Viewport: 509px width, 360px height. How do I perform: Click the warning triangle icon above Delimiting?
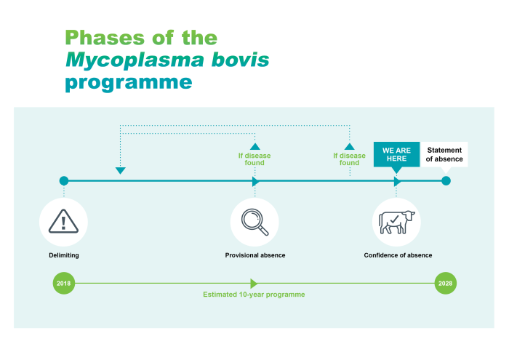point(64,221)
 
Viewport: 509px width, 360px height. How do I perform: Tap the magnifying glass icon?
point(254,221)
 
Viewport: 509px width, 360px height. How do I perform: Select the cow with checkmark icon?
point(396,221)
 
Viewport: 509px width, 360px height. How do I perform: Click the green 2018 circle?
point(64,284)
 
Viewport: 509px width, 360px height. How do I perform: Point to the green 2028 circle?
point(446,284)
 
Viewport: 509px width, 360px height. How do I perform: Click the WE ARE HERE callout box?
point(396,154)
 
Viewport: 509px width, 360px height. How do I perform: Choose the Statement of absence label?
point(444,154)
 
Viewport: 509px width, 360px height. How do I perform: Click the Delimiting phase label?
point(64,255)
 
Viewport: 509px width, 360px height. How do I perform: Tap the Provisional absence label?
point(254,255)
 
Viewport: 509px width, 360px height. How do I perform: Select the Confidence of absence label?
point(398,255)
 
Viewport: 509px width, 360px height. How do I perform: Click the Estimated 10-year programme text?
point(253,295)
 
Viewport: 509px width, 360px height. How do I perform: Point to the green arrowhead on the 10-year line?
point(254,284)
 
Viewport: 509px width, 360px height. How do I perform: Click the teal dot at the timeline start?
point(64,180)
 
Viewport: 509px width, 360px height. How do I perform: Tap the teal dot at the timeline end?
point(446,180)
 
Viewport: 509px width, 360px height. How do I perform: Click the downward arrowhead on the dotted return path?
point(121,171)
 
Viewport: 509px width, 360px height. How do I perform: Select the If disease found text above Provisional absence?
point(254,159)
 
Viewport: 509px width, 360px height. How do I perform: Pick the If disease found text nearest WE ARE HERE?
point(349,159)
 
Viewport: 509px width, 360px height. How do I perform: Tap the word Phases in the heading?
point(102,37)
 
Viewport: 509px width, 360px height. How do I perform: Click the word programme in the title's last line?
point(128,82)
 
